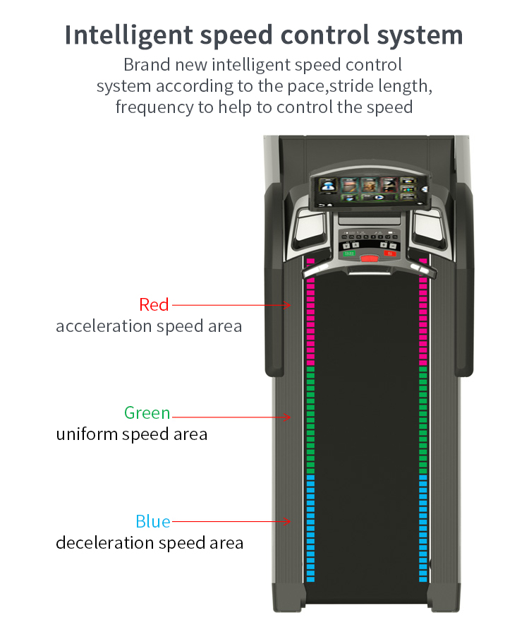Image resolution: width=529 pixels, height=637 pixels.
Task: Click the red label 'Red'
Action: coord(154,304)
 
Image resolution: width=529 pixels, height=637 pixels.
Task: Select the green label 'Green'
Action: coord(147,412)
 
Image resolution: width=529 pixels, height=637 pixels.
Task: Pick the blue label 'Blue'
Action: coord(153,522)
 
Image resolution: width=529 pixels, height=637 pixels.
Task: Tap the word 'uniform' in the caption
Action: coord(86,434)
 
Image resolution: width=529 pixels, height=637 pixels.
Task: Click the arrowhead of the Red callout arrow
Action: coord(288,305)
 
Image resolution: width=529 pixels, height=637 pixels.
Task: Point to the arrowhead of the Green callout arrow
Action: coord(288,417)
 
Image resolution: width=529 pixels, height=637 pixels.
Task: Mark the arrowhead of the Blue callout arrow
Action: coord(288,522)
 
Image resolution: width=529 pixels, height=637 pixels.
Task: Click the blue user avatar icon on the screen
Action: coord(327,185)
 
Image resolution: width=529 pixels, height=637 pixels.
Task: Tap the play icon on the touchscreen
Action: coord(379,198)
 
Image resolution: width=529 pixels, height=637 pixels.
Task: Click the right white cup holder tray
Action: coord(427,226)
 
